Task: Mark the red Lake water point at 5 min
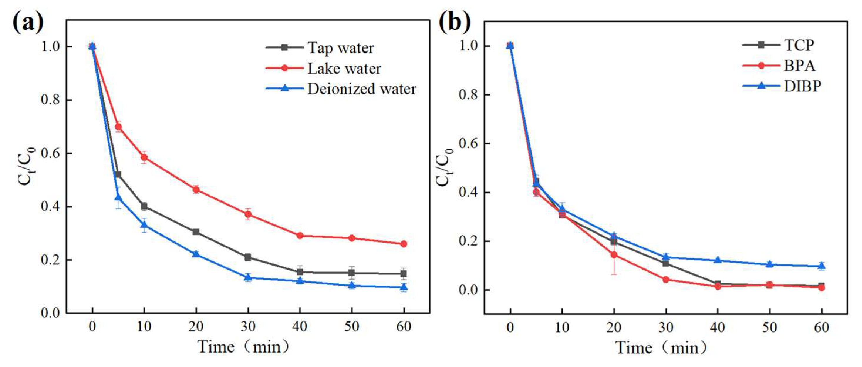click(118, 127)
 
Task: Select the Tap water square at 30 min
click(248, 257)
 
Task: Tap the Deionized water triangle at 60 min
click(404, 287)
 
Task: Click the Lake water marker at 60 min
click(404, 244)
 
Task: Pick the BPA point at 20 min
click(614, 255)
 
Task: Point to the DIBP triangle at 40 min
click(717, 260)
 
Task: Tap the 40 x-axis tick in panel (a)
click(299, 326)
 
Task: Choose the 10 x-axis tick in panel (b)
click(562, 327)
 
